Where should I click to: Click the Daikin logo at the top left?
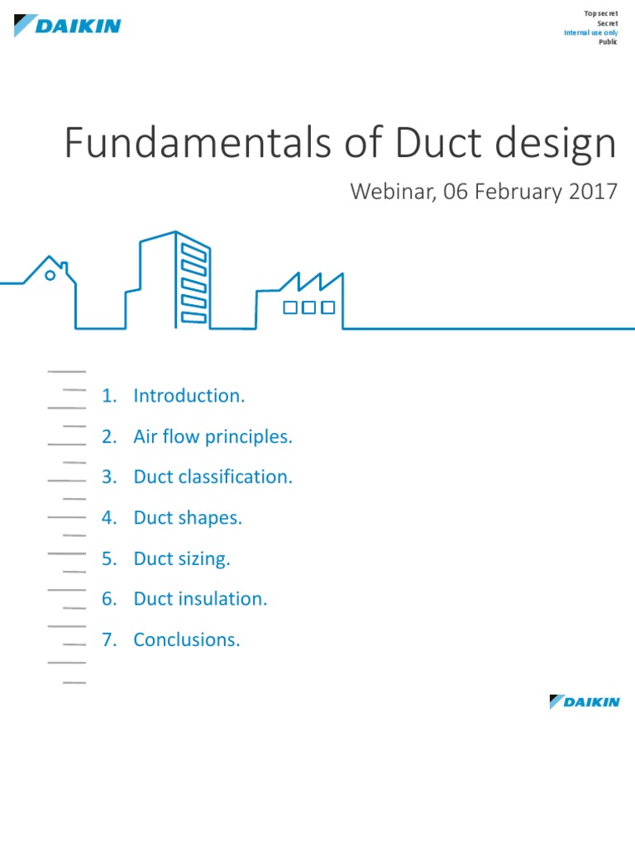point(67,26)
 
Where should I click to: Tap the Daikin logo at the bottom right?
point(584,702)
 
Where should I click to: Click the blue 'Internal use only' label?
point(590,32)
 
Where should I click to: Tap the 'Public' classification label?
point(608,41)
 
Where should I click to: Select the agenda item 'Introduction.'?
point(189,396)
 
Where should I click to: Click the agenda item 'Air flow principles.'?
point(212,436)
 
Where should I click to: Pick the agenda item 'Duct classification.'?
point(212,477)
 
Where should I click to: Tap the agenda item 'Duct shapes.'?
point(188,518)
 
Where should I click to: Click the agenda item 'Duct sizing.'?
point(182,558)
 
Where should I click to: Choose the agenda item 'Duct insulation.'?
point(200,599)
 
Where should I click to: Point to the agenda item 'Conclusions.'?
point(187,639)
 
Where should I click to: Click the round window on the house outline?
point(50,275)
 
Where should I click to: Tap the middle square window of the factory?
point(308,307)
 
